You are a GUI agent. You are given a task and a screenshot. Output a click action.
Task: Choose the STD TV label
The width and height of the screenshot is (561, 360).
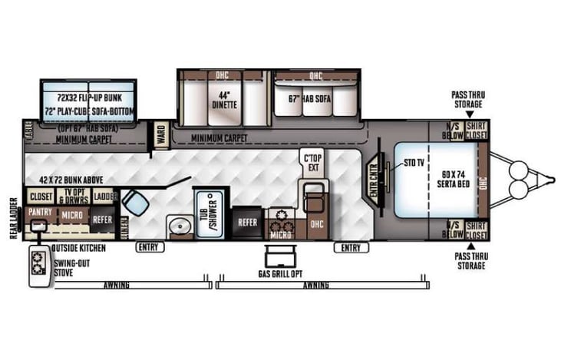pyautogui.click(x=413, y=163)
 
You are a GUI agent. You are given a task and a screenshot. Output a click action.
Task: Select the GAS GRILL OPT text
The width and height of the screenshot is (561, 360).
pyautogui.click(x=281, y=272)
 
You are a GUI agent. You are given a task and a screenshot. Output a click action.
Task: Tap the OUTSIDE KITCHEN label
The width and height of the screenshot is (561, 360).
pyautogui.click(x=78, y=248)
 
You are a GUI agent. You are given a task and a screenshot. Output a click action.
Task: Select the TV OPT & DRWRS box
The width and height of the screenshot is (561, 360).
pyautogui.click(x=74, y=197)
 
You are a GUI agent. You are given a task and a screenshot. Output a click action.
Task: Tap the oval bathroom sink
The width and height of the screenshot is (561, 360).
pyautogui.click(x=180, y=225)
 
